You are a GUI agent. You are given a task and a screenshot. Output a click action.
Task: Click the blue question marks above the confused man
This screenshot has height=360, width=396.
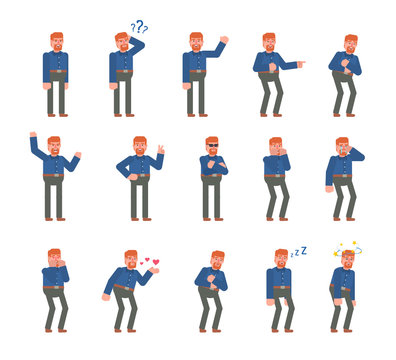tap(139, 27)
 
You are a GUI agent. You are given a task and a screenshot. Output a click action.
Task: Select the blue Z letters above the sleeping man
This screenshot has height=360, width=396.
tap(298, 253)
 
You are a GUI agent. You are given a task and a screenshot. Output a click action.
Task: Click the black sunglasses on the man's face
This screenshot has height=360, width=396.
tap(211, 146)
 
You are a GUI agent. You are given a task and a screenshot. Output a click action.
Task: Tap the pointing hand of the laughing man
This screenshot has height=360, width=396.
tap(300, 63)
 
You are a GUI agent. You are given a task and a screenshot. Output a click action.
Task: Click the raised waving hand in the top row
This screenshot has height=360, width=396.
tap(224, 41)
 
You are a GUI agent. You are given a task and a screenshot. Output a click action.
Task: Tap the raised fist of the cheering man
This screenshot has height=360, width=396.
tap(33, 134)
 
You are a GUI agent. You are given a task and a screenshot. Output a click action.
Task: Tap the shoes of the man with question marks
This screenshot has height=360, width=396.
tap(122, 113)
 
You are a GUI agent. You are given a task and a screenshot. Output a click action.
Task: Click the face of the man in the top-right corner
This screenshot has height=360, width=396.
tap(350, 46)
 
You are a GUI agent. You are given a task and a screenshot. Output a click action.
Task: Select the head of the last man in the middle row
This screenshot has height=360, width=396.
tap(343, 148)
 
